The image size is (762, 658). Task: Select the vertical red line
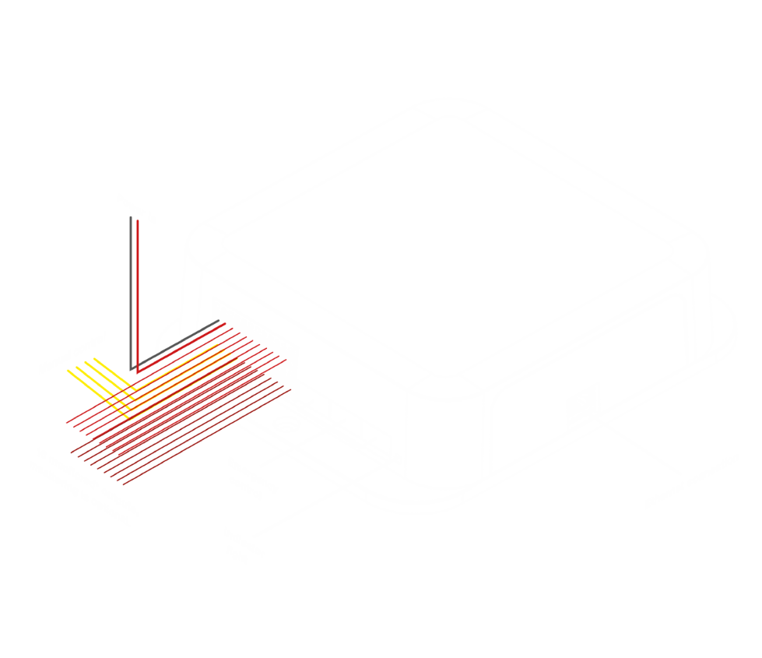pos(138,296)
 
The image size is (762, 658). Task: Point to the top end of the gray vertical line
pos(131,216)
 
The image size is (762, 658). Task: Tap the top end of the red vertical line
pos(138,220)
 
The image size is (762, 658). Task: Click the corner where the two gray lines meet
pos(131,369)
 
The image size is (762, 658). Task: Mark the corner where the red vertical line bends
pos(138,373)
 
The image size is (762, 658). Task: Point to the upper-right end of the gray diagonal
pos(219,320)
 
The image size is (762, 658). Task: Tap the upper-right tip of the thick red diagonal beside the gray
pos(225,324)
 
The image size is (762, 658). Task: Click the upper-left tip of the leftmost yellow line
pos(68,371)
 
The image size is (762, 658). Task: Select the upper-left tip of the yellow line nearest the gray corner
pos(94,358)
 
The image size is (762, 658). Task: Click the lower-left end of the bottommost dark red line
pos(123,484)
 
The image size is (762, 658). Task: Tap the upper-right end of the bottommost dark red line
pos(291,389)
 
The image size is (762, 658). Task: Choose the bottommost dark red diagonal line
pos(207,437)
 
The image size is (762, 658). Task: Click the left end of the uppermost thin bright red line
pos(66,424)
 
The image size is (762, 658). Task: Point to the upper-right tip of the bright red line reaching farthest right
pos(286,360)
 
